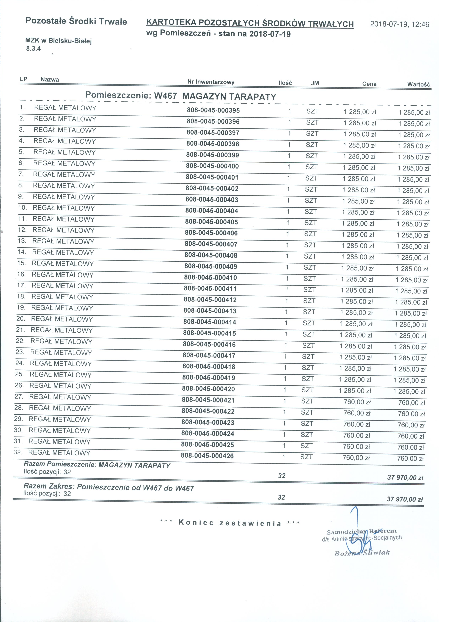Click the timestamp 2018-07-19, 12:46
click(x=399, y=24)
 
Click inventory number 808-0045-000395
click(x=213, y=110)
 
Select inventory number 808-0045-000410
click(x=210, y=278)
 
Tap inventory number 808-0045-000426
click(x=207, y=456)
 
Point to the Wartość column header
click(x=418, y=84)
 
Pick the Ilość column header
click(x=285, y=83)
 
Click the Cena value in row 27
click(x=357, y=402)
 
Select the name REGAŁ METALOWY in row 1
click(x=65, y=108)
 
